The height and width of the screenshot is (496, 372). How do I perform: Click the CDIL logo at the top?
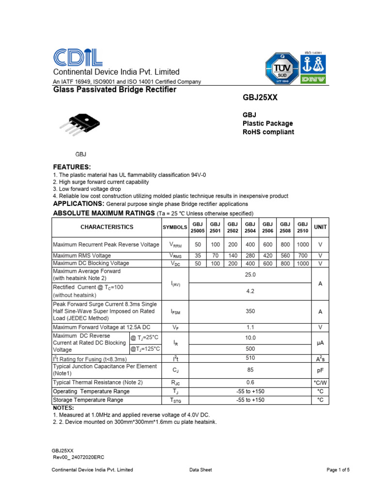pyautogui.click(x=77, y=58)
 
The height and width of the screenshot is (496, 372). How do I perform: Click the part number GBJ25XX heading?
pyautogui.click(x=260, y=98)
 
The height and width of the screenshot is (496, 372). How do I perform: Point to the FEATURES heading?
pyautogui.click(x=72, y=167)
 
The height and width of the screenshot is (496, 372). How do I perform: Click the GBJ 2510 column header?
pyautogui.click(x=303, y=227)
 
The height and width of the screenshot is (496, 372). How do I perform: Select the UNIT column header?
pyautogui.click(x=320, y=227)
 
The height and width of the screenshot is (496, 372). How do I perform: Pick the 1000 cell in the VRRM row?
pyautogui.click(x=303, y=245)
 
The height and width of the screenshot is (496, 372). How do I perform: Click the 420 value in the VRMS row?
pyautogui.click(x=268, y=255)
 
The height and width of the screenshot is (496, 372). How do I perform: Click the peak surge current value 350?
pyautogui.click(x=250, y=312)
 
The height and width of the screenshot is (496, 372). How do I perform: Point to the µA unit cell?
pyautogui.click(x=320, y=342)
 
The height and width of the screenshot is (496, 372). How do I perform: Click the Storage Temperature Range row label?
pyautogui.click(x=88, y=400)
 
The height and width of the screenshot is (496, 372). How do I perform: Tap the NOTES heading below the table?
pyautogui.click(x=63, y=408)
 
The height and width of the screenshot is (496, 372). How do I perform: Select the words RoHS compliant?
pyautogui.click(x=268, y=132)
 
